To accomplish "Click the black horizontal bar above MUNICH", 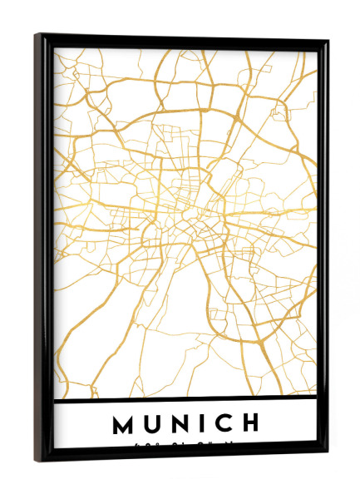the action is coord(185,403).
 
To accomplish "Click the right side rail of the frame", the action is coord(323,249).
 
